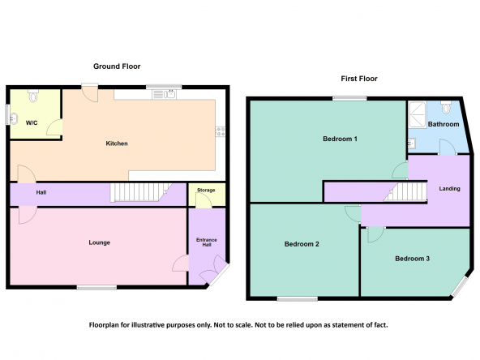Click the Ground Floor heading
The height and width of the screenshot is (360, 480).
point(117,66)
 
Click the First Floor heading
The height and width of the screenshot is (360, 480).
point(359,79)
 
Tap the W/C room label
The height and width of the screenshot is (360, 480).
point(32,123)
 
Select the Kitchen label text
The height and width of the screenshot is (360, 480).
point(117,144)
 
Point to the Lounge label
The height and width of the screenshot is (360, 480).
point(100,242)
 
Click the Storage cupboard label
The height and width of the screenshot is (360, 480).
point(206,190)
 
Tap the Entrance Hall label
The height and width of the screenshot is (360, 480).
point(207,242)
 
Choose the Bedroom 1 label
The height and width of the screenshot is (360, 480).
point(340,139)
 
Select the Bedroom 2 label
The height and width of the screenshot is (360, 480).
point(302,244)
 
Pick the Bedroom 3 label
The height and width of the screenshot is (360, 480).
point(413,259)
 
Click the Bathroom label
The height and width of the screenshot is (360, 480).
point(444,124)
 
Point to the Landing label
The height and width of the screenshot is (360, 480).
point(450,189)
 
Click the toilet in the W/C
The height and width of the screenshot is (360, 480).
point(32,96)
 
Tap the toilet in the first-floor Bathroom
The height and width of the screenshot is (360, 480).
point(446,107)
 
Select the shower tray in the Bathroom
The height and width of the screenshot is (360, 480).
point(418,115)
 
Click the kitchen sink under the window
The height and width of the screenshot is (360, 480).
point(164,94)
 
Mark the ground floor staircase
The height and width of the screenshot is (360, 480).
point(141,192)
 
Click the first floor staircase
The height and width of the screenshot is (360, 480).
point(405,191)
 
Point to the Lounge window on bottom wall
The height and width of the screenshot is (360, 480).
point(96,287)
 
